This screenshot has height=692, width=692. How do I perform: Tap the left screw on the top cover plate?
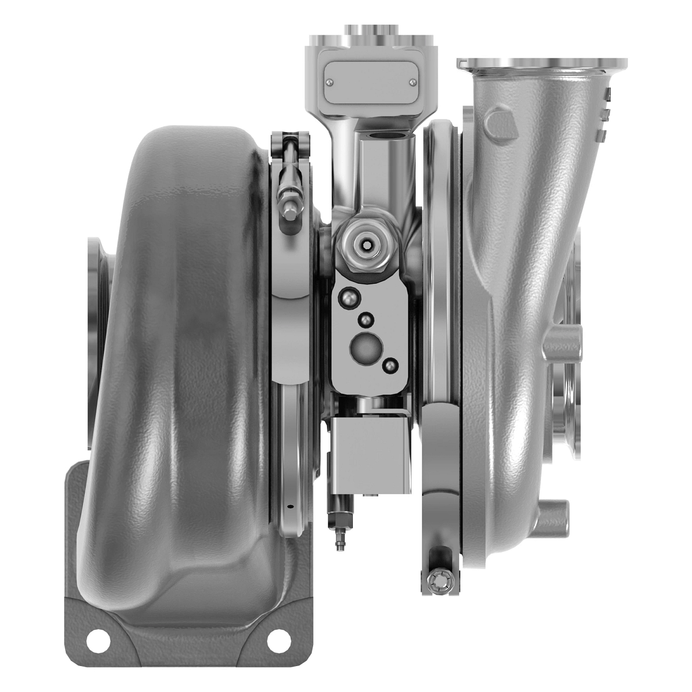[x=328, y=84]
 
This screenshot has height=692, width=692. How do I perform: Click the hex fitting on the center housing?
[x=367, y=245]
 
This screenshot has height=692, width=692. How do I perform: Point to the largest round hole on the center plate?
[x=365, y=347]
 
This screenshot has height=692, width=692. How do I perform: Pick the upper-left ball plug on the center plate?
[x=348, y=296]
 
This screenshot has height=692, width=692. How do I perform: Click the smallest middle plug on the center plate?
[x=365, y=319]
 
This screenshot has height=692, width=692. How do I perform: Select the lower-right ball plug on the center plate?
[x=390, y=365]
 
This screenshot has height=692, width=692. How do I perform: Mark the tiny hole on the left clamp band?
[x=289, y=507]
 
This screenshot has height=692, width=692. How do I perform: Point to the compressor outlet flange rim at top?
[x=542, y=63]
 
